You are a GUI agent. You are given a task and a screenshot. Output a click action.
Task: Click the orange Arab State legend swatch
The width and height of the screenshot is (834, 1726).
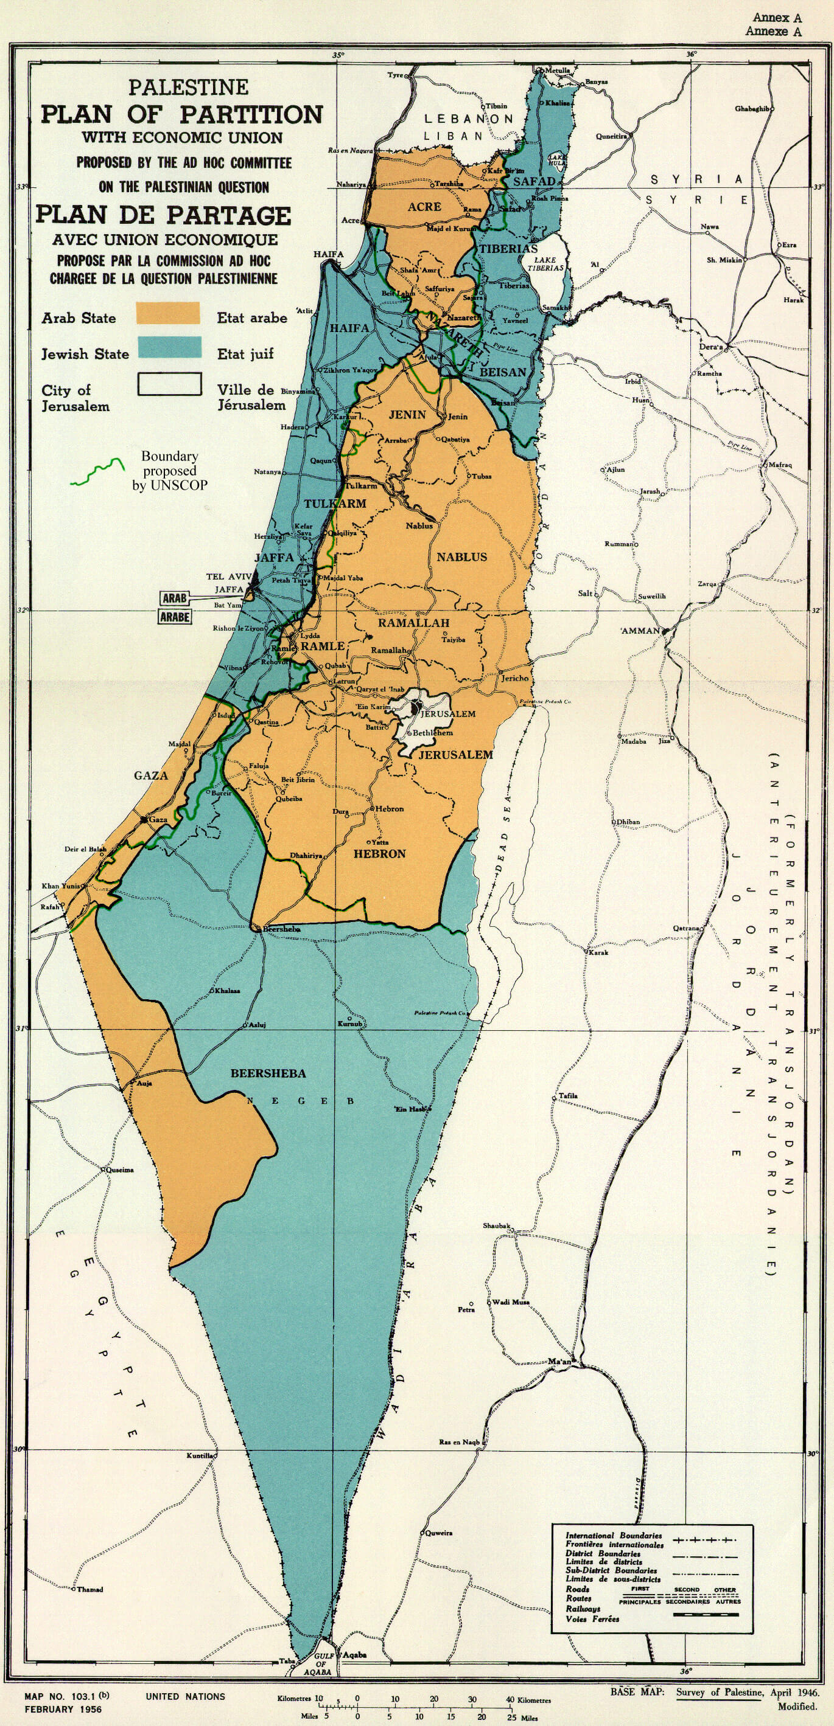point(167,313)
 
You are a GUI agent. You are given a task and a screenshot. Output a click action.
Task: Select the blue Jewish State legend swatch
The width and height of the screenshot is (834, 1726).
point(169,347)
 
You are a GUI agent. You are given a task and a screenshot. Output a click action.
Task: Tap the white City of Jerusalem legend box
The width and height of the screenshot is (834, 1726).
point(170,384)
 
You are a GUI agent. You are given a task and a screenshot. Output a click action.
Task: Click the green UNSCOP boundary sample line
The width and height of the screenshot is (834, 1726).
point(98,472)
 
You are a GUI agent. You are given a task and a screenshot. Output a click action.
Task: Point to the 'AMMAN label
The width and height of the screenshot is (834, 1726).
point(640,631)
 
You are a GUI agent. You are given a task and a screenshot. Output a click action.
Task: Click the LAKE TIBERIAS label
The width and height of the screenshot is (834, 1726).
point(545,263)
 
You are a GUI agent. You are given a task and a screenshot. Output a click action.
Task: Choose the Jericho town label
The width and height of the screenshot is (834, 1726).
point(515,678)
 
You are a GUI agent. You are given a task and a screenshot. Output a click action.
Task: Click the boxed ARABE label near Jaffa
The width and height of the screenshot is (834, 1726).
point(174,617)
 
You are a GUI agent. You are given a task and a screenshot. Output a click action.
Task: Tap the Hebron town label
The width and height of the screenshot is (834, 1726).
point(390,809)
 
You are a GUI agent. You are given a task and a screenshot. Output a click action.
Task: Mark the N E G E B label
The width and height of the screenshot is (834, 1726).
point(300,1101)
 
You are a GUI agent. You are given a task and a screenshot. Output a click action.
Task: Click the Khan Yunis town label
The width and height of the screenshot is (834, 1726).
point(60,886)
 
